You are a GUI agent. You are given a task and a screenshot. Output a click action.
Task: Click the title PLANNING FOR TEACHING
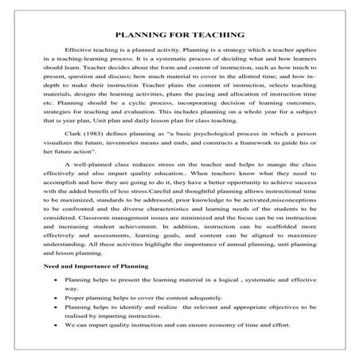point(179,35)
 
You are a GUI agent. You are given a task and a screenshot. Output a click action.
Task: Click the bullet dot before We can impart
point(55,324)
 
